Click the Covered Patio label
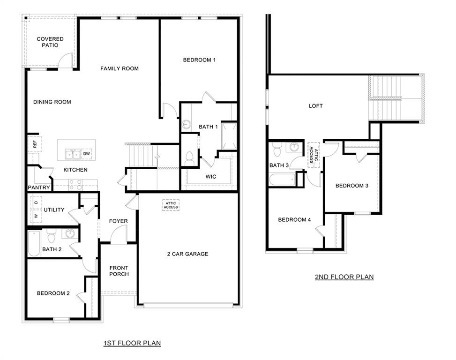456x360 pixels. pyautogui.click(x=50, y=42)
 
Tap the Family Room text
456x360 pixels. pyautogui.click(x=120, y=68)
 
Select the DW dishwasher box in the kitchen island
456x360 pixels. pyautogui.click(x=87, y=153)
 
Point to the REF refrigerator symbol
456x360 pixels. pyautogui.click(x=35, y=144)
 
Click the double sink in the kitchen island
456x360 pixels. pyautogui.click(x=72, y=154)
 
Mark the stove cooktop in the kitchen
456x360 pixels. pyautogui.click(x=75, y=185)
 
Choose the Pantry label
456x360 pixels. pyautogui.click(x=39, y=187)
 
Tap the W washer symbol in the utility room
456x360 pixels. pyautogui.click(x=35, y=216)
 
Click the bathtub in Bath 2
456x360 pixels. pyautogui.click(x=33, y=243)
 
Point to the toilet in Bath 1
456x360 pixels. pyautogui.click(x=190, y=158)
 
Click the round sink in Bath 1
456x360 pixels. pyautogui.click(x=187, y=125)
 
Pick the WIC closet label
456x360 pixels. pyautogui.click(x=210, y=177)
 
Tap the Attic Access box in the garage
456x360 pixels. pyautogui.click(x=171, y=205)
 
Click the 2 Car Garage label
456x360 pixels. pyautogui.click(x=187, y=254)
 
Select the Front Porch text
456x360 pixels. pyautogui.click(x=119, y=271)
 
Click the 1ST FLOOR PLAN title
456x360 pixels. pyautogui.click(x=132, y=343)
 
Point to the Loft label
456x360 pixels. pyautogui.click(x=315, y=106)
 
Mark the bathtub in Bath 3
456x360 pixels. pyautogui.click(x=282, y=180)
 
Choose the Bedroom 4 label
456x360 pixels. pyautogui.click(x=294, y=220)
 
